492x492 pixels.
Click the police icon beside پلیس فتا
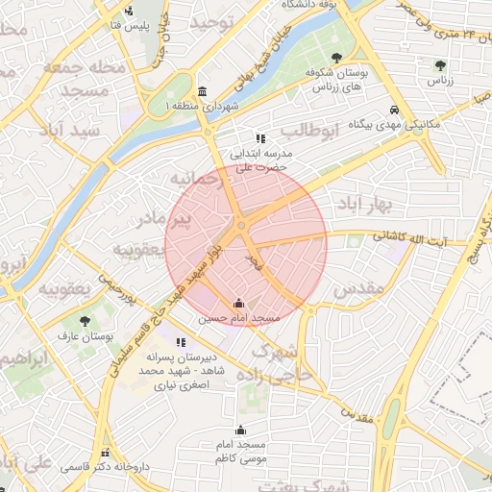click(x=129, y=12)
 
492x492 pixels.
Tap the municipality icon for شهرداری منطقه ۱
click(x=201, y=89)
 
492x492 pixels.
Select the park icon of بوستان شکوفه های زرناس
click(x=335, y=58)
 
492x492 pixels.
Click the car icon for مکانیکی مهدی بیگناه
click(x=395, y=110)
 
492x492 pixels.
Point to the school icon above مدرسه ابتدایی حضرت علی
click(x=259, y=138)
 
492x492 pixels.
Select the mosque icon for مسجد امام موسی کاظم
click(x=240, y=430)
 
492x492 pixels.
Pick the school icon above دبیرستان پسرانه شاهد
click(x=181, y=341)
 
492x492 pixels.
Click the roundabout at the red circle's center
click(x=241, y=225)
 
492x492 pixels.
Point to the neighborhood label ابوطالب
click(x=308, y=130)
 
